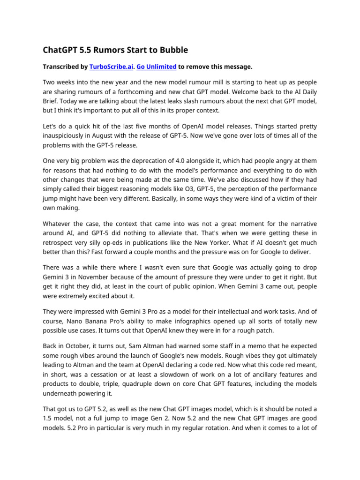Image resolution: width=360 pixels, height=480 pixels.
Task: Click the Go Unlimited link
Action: click(156, 67)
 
